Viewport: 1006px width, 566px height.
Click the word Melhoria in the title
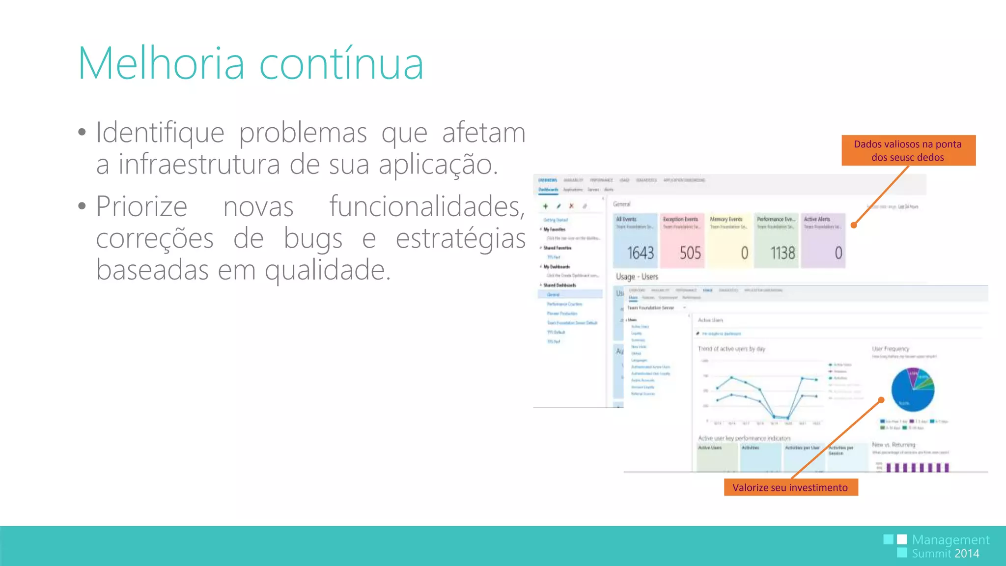tap(161, 63)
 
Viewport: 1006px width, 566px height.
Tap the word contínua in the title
tap(341, 63)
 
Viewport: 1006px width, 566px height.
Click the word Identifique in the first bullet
tap(160, 133)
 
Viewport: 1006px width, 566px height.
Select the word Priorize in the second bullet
tap(141, 206)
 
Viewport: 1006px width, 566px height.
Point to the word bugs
tap(313, 238)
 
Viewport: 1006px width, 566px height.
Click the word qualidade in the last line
tap(328, 270)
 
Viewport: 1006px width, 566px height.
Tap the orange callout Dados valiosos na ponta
tap(908, 150)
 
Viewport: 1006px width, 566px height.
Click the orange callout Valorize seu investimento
tap(790, 487)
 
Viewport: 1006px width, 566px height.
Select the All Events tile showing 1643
tap(635, 241)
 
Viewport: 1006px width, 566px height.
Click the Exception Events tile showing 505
tap(682, 241)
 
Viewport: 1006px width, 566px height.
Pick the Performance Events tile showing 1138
tap(776, 241)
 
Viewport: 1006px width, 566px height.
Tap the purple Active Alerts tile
tap(823, 241)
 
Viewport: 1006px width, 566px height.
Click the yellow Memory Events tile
tap(729, 241)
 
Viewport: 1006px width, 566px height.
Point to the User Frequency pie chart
tap(912, 390)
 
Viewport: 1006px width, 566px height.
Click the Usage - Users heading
tap(637, 277)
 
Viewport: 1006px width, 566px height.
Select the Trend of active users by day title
tap(731, 349)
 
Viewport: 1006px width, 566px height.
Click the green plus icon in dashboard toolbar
tap(545, 206)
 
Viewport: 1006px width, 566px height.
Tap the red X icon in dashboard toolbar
tap(571, 206)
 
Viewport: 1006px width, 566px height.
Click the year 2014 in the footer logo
tap(967, 554)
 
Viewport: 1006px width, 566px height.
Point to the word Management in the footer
tap(950, 540)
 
